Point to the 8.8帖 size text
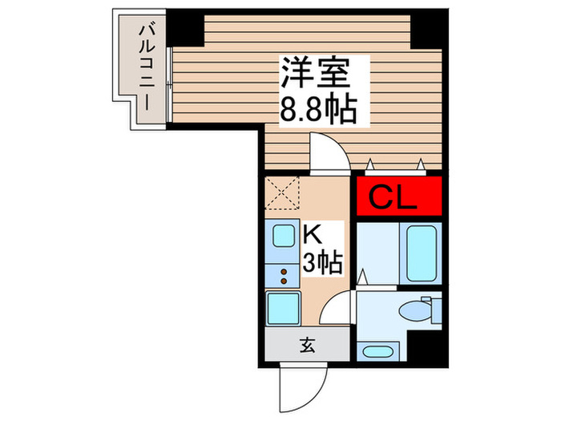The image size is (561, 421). pos(317,110)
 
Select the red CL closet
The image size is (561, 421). pos(398,197)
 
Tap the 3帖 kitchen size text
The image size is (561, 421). pos(324,261)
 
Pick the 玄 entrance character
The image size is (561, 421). pos(308,346)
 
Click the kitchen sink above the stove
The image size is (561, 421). pos(284,237)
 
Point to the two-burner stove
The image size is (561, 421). pos(284,277)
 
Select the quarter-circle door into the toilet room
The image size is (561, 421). pos(340,307)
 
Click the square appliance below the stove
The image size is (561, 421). pos(284,309)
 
